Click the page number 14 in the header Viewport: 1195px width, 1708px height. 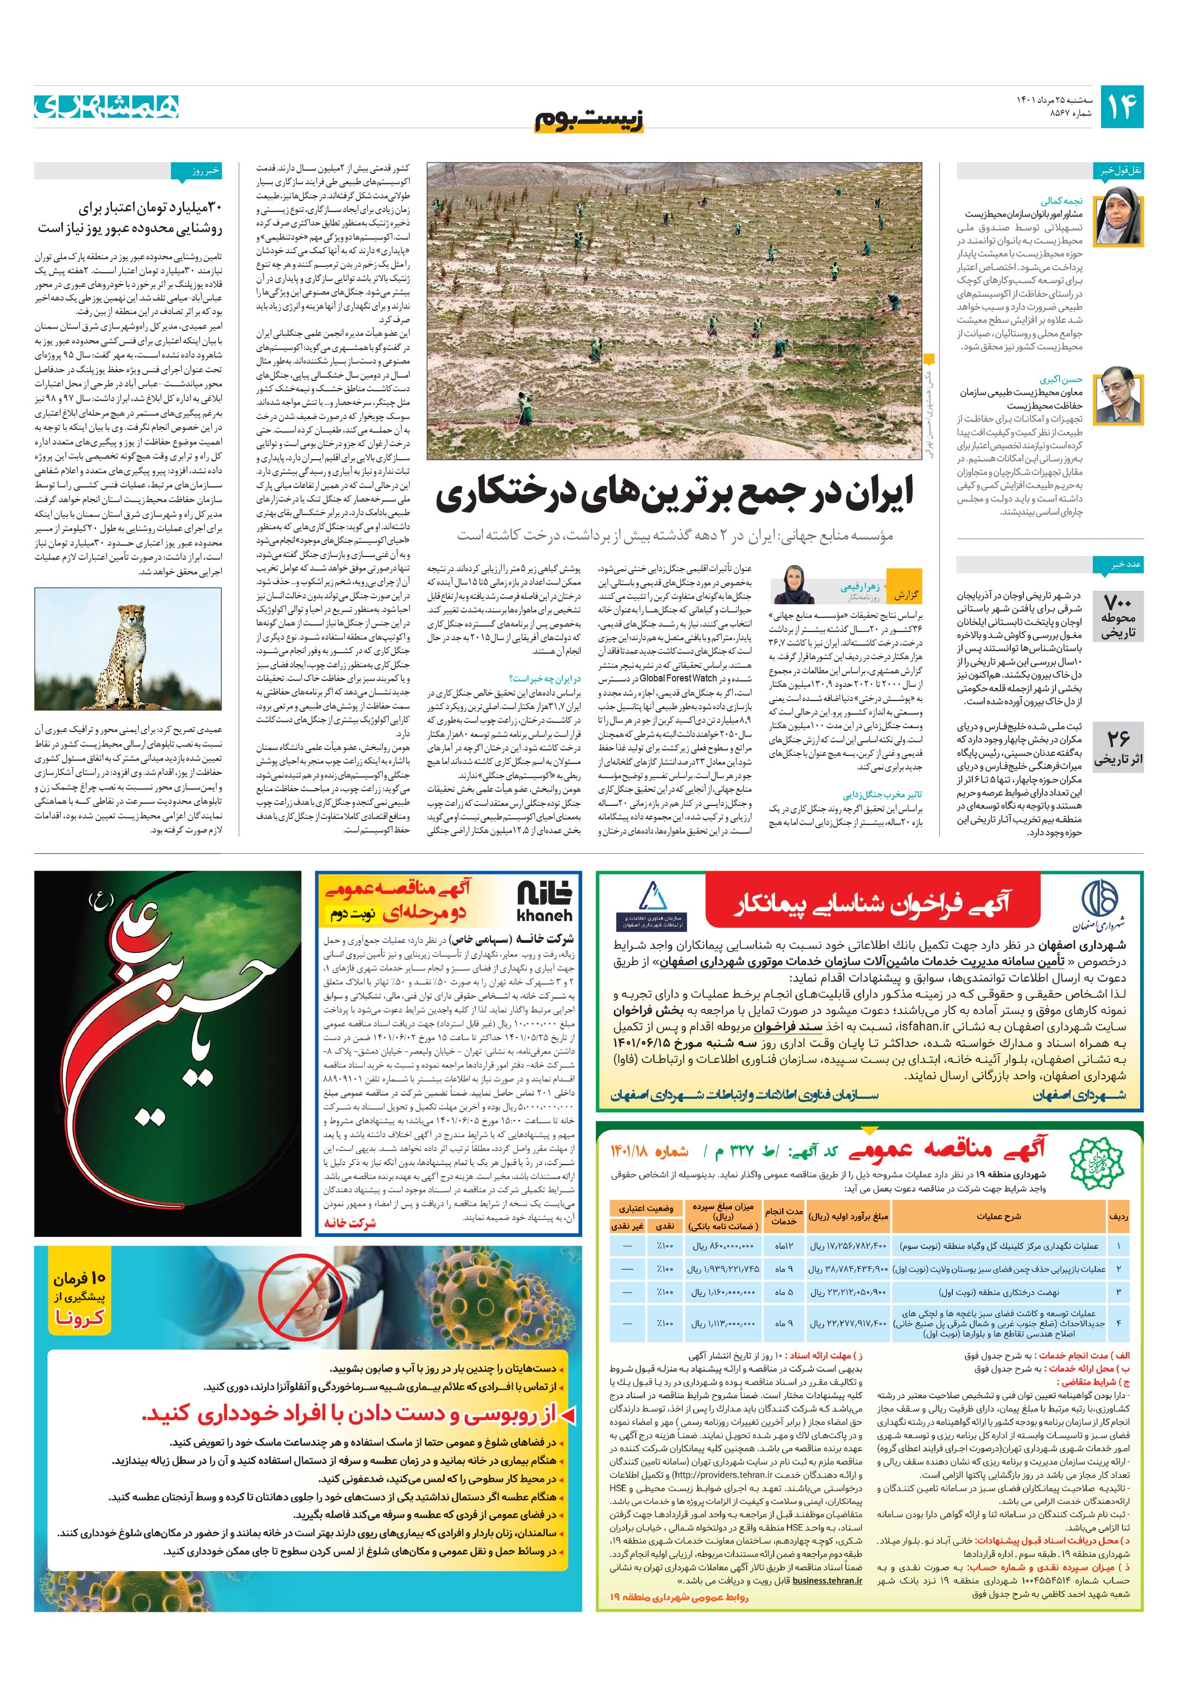click(x=1121, y=107)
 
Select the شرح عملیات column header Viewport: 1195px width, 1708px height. click(x=998, y=1217)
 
